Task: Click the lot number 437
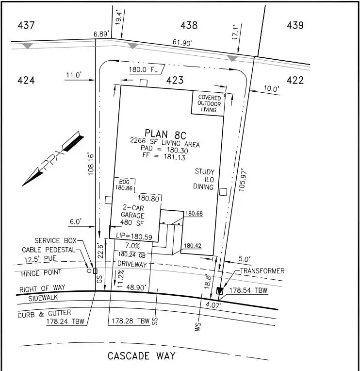point(26,25)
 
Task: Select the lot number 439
point(295,25)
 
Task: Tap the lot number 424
point(26,80)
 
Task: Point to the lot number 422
point(295,80)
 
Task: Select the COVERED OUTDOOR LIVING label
point(209,103)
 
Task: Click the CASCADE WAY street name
point(142,356)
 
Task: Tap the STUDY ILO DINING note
point(204,179)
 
